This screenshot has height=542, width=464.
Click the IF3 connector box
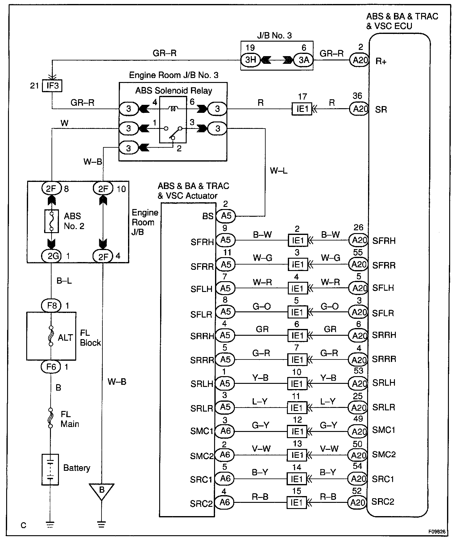pyautogui.click(x=52, y=85)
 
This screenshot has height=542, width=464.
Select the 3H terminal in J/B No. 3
pyautogui.click(x=251, y=60)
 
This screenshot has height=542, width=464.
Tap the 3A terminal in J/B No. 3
pyautogui.click(x=303, y=60)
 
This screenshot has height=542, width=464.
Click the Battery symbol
pyautogui.click(x=50, y=469)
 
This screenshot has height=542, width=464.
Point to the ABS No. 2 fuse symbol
pyautogui.click(x=52, y=221)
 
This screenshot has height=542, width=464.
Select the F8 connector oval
pyautogui.click(x=52, y=306)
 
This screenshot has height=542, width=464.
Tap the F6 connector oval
pyautogui.click(x=52, y=367)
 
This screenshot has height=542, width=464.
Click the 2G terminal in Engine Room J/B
pyautogui.click(x=52, y=256)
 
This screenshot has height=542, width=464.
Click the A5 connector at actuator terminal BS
pyautogui.click(x=226, y=216)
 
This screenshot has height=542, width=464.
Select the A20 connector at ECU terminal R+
pyautogui.click(x=359, y=60)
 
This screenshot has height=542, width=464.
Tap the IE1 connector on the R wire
pyautogui.click(x=302, y=109)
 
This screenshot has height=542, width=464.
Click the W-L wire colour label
pyautogui.click(x=279, y=170)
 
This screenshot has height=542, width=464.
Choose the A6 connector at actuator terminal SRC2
pyautogui.click(x=224, y=503)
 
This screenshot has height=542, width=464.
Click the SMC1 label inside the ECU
pyautogui.click(x=384, y=430)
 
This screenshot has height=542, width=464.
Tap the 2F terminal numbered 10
pyautogui.click(x=103, y=188)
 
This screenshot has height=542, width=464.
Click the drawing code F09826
pyautogui.click(x=436, y=532)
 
